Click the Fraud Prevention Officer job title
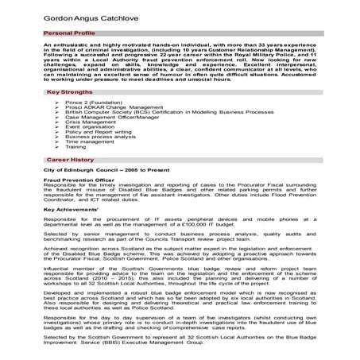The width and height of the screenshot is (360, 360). [79, 180]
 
